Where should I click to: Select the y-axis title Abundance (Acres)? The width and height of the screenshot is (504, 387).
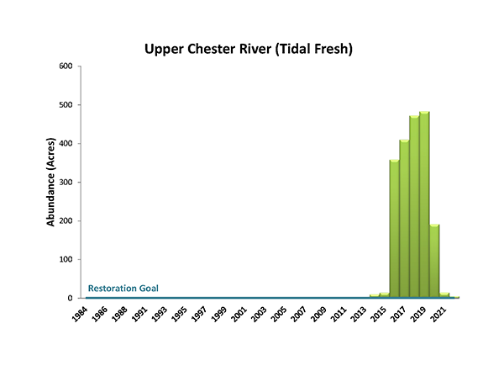[x=51, y=183]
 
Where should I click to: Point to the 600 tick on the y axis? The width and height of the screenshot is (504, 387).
[x=64, y=66]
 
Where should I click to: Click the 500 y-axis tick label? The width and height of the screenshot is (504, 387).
[x=64, y=104]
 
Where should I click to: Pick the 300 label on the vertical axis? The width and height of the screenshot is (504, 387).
[x=64, y=182]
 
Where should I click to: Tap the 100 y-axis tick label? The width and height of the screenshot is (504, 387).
[x=64, y=259]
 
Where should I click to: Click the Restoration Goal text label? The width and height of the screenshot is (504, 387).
[x=123, y=289]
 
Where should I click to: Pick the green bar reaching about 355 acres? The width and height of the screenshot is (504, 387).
[x=394, y=229]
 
